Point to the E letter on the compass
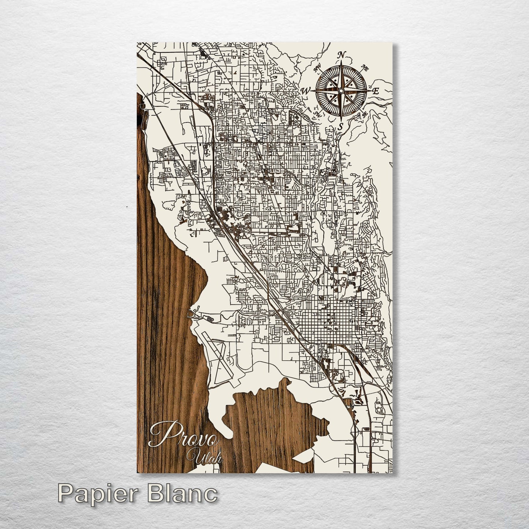(375, 92)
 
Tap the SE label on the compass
(365, 114)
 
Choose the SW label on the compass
(317, 115)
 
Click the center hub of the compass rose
(341, 91)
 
